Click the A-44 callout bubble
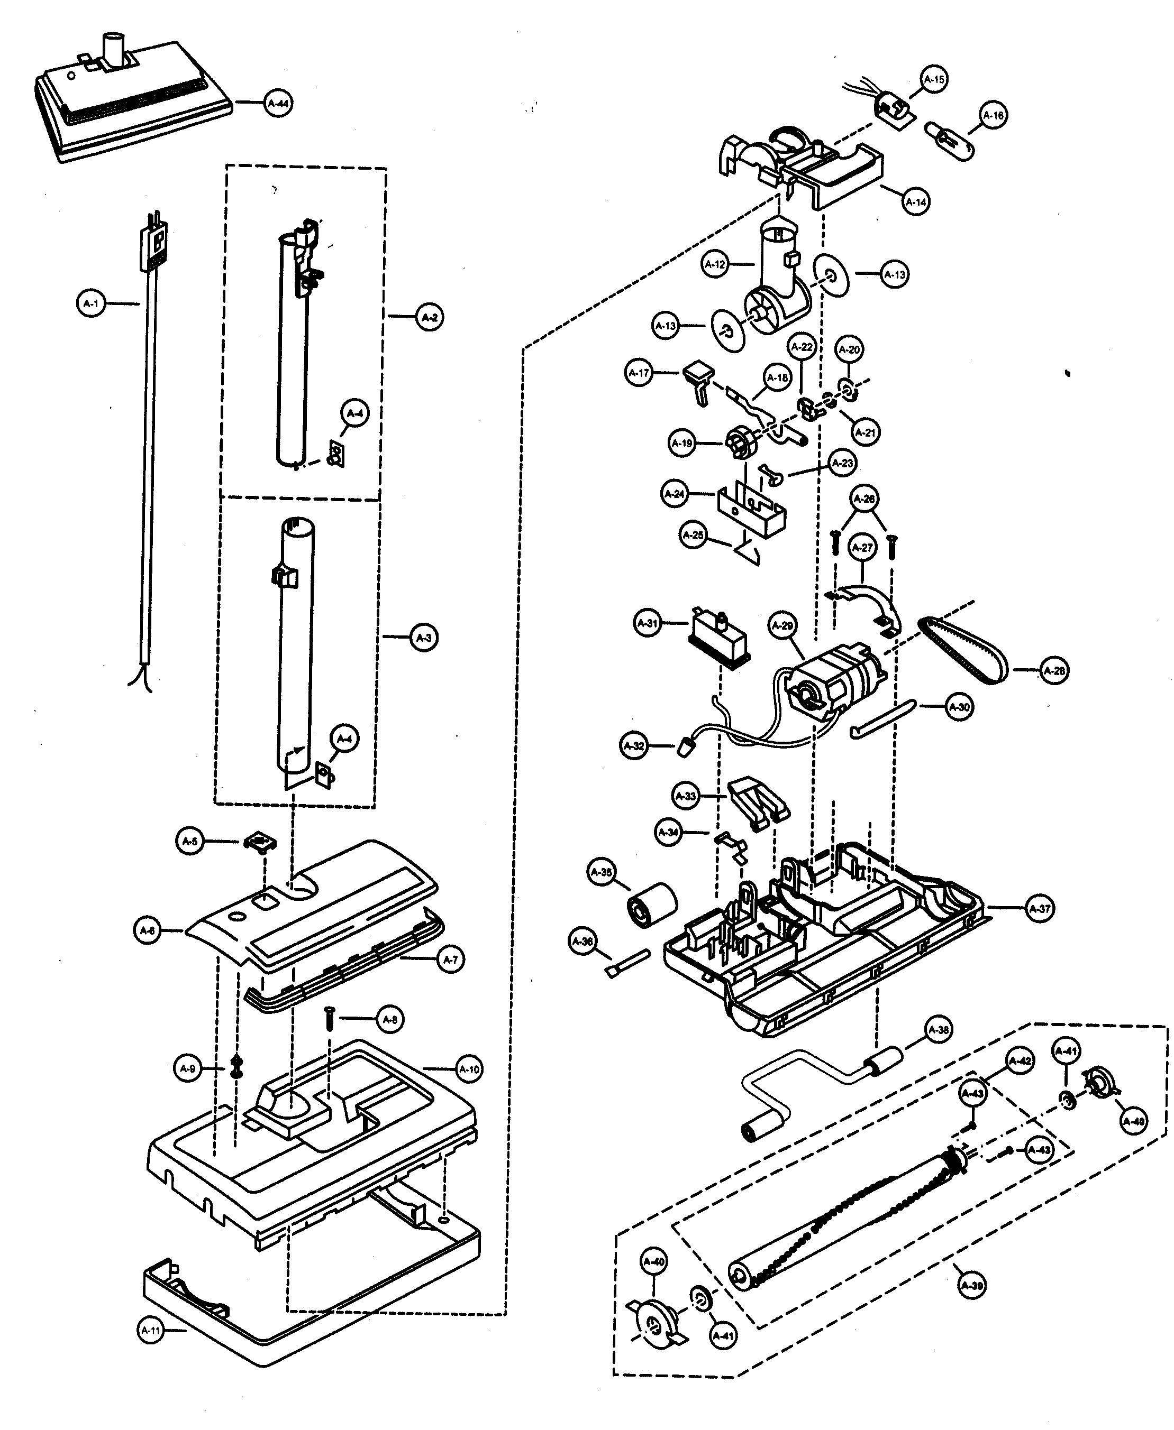click(278, 104)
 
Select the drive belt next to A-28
click(963, 649)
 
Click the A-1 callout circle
click(90, 304)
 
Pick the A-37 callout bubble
click(1040, 909)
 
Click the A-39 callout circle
click(972, 1286)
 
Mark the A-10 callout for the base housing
click(469, 1069)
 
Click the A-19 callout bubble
click(681, 444)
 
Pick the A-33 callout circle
click(686, 796)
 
